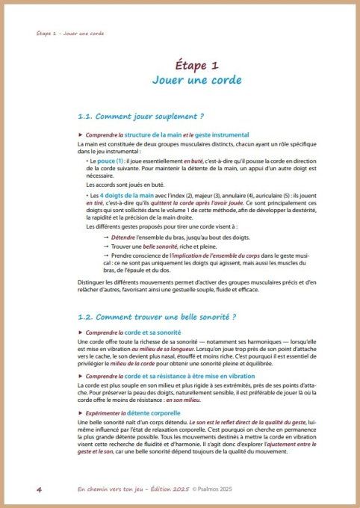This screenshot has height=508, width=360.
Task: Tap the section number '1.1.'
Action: pyautogui.click(x=88, y=117)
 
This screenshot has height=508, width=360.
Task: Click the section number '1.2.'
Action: pyautogui.click(x=88, y=317)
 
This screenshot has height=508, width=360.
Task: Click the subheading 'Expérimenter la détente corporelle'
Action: pyautogui.click(x=134, y=412)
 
